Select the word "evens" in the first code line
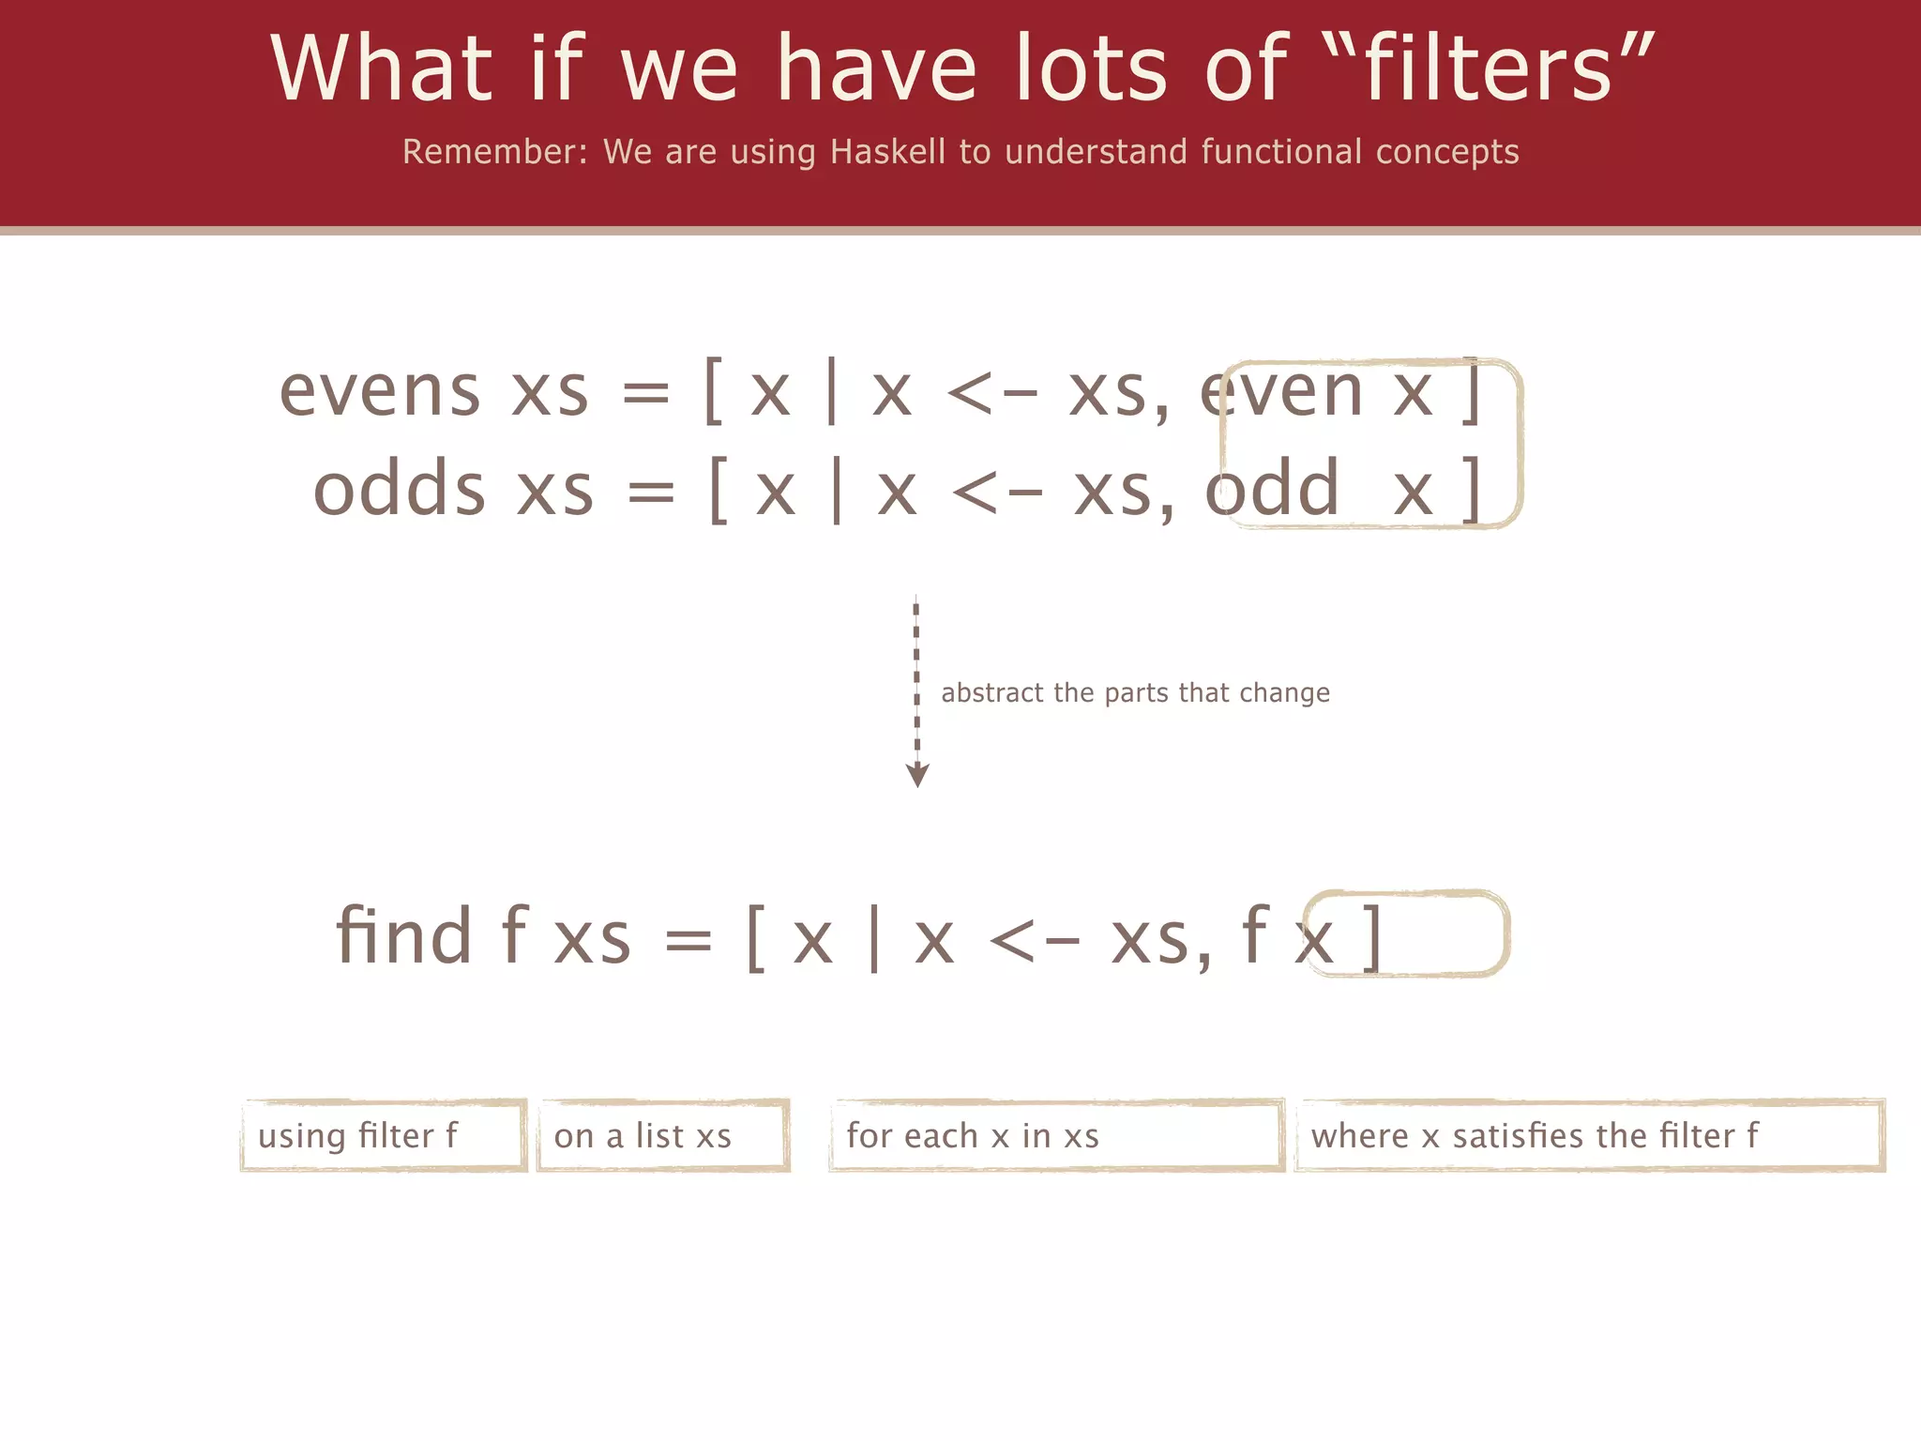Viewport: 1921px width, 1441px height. tap(380, 391)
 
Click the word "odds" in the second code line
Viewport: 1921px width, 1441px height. tap(400, 490)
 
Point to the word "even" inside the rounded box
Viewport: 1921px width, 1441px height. tap(1281, 391)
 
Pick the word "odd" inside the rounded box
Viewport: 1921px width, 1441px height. tap(1272, 490)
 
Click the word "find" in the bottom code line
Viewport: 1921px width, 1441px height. tap(403, 935)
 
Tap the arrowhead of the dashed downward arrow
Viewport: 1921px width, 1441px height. tap(917, 775)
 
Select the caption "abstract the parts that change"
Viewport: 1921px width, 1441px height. tap(1135, 693)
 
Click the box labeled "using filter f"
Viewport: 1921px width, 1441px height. tap(383, 1136)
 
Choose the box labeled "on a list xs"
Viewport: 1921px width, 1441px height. tap(663, 1136)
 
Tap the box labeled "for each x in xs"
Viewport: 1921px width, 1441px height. tap(1056, 1136)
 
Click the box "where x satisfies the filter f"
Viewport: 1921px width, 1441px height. tap(1589, 1136)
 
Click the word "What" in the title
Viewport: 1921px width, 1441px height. tap(381, 68)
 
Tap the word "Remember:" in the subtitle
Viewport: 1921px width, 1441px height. tap(494, 152)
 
